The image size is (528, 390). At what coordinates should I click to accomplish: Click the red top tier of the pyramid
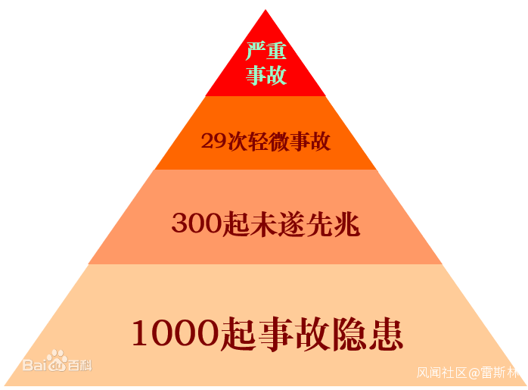point(266,67)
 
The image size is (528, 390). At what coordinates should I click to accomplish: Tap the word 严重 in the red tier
point(266,51)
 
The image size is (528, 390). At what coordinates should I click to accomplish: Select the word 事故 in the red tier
point(266,75)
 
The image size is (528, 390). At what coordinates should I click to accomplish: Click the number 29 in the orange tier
point(213,141)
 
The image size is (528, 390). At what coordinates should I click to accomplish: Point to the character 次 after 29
point(238,142)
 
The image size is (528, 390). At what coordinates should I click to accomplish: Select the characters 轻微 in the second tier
point(269,142)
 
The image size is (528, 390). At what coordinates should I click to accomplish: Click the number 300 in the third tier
point(197,223)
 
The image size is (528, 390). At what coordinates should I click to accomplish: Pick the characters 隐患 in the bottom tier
point(368,335)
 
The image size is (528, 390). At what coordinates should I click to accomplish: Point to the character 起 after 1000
point(238,335)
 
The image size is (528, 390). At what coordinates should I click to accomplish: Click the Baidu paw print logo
point(57,360)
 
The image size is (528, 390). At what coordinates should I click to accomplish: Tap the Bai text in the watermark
point(35,365)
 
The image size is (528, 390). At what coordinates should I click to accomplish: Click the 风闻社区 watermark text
point(442,373)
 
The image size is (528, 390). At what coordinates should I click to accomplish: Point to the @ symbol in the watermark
point(474,373)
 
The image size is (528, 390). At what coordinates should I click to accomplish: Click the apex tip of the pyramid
point(266,10)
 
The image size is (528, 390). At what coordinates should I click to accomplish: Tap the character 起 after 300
point(236,224)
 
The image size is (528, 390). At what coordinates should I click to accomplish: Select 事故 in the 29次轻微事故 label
point(310,142)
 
